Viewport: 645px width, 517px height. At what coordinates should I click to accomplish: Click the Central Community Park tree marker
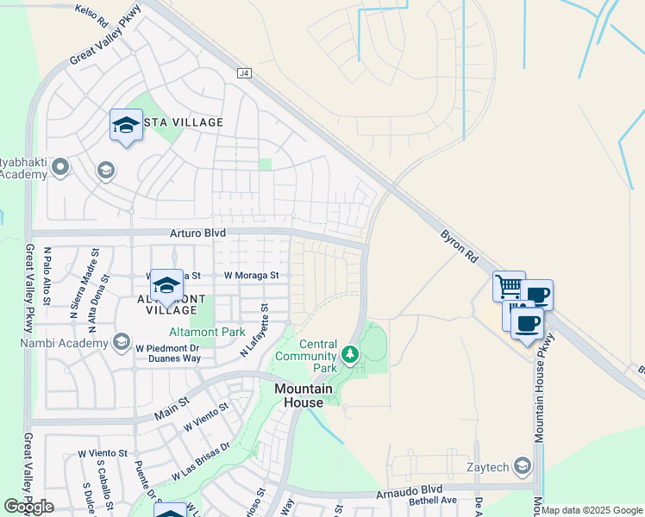350,353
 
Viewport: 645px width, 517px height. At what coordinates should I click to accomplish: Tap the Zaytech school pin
522,466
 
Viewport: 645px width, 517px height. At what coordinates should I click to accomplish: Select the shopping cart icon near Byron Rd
509,285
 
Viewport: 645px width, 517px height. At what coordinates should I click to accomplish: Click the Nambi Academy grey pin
121,342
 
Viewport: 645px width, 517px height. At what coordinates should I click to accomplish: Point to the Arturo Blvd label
197,233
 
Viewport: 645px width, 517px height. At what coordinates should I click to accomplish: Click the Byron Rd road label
459,246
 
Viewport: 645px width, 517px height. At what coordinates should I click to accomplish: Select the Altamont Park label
201,331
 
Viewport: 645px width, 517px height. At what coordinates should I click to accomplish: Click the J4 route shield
244,74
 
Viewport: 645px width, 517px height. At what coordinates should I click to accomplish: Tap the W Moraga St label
252,276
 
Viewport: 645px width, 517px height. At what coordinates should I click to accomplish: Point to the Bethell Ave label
432,500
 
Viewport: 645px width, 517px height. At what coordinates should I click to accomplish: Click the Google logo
28,507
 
